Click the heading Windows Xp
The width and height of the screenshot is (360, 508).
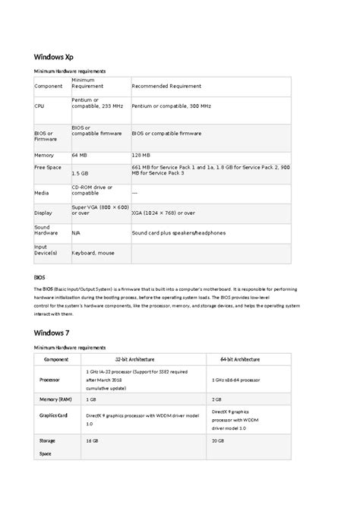[x=52, y=56]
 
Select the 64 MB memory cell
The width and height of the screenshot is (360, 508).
[x=80, y=155]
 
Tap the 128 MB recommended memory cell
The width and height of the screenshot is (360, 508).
[x=142, y=155]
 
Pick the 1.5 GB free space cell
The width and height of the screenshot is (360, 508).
[x=80, y=173]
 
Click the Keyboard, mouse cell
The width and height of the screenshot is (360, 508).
[x=93, y=252]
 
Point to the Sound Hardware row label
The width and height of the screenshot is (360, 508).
[x=44, y=230]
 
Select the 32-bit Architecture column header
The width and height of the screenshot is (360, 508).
[x=135, y=358]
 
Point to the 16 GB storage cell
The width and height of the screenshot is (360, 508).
[x=93, y=440]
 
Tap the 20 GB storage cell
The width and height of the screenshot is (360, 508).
[x=219, y=440]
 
